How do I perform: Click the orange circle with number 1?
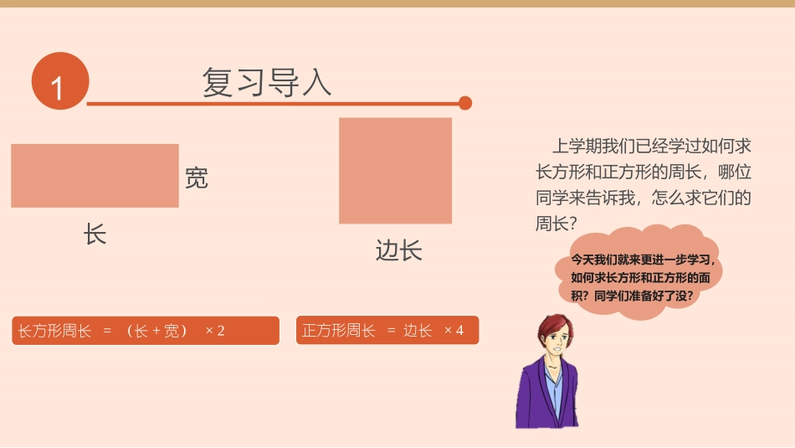pyautogui.click(x=59, y=81)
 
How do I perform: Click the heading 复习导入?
pyautogui.click(x=267, y=82)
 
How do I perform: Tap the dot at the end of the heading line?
pyautogui.click(x=465, y=103)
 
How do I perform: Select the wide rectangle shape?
pyautogui.click(x=95, y=176)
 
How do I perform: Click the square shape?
pyautogui.click(x=395, y=171)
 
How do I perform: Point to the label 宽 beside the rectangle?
pyautogui.click(x=196, y=178)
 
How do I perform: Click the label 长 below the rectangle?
pyautogui.click(x=95, y=234)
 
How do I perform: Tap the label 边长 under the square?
pyautogui.click(x=398, y=250)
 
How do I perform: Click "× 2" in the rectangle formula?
pyautogui.click(x=215, y=331)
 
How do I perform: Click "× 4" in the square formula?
pyautogui.click(x=454, y=331)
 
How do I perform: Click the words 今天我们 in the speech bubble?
pyautogui.click(x=594, y=260)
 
